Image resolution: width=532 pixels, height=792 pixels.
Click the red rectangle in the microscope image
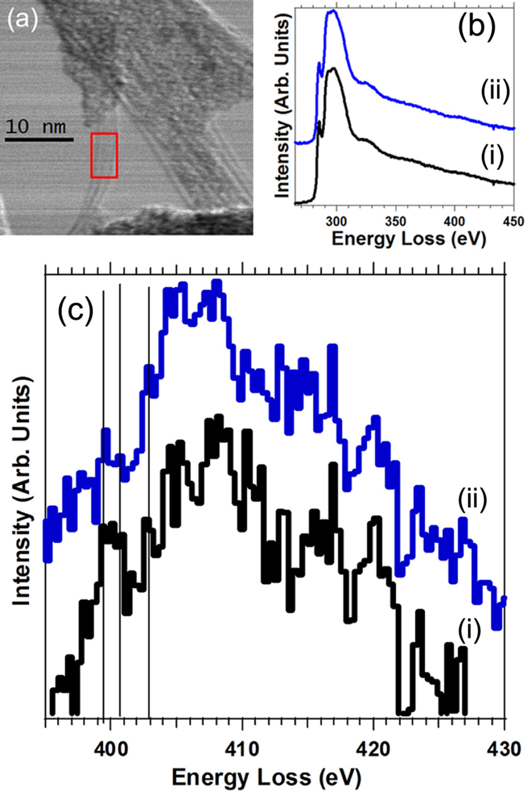[x=104, y=155]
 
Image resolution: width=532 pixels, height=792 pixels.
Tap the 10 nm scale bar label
[x=36, y=126]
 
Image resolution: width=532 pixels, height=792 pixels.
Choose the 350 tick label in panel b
[x=396, y=221]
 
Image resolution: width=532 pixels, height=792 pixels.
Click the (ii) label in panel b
[x=495, y=92]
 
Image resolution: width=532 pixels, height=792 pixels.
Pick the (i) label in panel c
[x=469, y=631]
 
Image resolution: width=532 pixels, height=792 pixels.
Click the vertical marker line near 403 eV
[x=149, y=501]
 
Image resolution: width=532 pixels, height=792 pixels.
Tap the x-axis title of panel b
[x=409, y=239]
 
